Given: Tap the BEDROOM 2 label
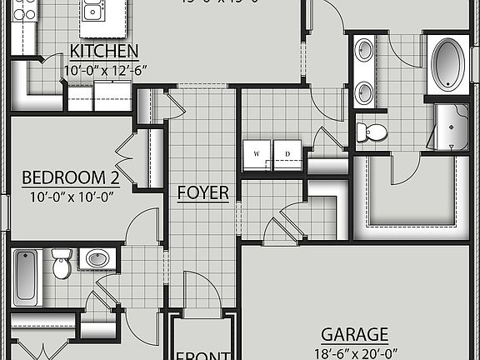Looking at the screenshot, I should (70, 177).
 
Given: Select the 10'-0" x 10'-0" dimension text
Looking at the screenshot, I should (70, 197).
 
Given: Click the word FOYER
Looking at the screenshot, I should (203, 192).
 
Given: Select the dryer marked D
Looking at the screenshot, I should (287, 154).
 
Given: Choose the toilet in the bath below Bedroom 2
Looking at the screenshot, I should (61, 264).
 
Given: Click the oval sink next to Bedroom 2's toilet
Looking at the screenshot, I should (98, 259).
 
